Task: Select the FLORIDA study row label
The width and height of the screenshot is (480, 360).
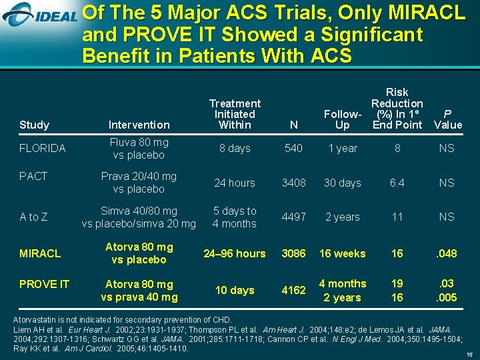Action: [x=43, y=149]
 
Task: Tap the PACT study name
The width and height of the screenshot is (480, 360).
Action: [x=33, y=176]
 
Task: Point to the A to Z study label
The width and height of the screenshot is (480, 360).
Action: [x=33, y=217]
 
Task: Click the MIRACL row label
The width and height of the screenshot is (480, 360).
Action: [x=40, y=253]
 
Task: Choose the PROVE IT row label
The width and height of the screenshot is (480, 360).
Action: [x=44, y=285]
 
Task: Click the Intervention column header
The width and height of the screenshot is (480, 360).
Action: [x=139, y=125]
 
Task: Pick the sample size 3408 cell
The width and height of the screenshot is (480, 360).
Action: [x=293, y=183]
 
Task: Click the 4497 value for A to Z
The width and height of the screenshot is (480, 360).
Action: [x=293, y=217]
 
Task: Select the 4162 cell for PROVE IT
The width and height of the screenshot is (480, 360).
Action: [x=293, y=290]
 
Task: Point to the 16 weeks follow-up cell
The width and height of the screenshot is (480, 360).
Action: [x=342, y=253]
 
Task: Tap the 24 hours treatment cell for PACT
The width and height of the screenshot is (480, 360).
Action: [x=235, y=183]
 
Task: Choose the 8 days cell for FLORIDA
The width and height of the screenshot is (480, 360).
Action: [x=235, y=149]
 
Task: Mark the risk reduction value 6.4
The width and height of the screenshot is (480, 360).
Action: [x=397, y=183]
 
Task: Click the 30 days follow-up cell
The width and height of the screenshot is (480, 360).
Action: [x=342, y=183]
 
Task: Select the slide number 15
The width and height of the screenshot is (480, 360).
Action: [x=469, y=355]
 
